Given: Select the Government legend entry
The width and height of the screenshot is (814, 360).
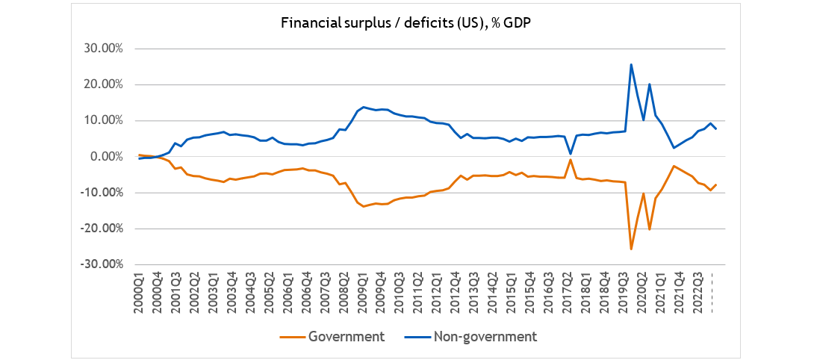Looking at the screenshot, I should click(340, 336).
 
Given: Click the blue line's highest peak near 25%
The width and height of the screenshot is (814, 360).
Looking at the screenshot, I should click(631, 64).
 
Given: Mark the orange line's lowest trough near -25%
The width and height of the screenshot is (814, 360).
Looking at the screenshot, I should click(631, 249).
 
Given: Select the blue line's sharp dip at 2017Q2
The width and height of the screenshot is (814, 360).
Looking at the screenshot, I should click(570, 154).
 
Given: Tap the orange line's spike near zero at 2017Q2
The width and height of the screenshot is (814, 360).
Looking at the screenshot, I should click(570, 159).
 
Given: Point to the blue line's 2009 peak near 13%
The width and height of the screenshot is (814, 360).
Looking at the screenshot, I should click(364, 107).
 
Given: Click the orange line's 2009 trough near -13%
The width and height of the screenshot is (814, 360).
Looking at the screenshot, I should click(364, 206).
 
